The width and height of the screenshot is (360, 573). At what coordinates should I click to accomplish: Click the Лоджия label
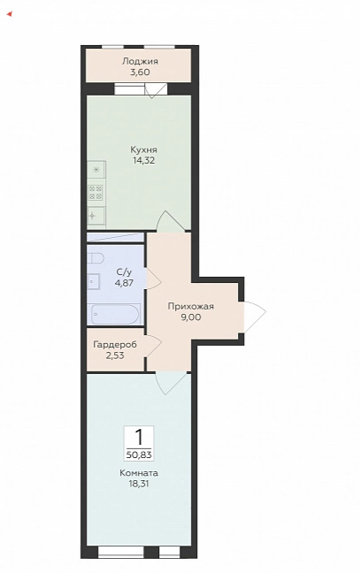coord(140,61)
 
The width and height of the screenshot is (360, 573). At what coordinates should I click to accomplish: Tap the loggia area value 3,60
coord(140,72)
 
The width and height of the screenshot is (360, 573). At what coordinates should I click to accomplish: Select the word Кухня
coord(143,149)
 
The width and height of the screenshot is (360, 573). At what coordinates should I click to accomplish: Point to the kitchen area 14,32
coord(144,160)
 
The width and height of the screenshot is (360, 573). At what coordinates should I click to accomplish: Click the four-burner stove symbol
coord(96,192)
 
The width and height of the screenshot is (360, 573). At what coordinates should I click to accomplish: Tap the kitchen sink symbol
coord(96,216)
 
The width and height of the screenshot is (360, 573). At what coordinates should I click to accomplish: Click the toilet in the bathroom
coord(95,259)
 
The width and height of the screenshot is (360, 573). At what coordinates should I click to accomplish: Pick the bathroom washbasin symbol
coord(94,281)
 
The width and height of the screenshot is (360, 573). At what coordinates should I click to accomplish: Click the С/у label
coord(124,271)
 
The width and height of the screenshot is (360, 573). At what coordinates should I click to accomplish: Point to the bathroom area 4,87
coord(124,282)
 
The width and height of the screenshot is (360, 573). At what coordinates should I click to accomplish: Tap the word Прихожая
coord(190,306)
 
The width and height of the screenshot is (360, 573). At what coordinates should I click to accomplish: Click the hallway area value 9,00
coord(190,317)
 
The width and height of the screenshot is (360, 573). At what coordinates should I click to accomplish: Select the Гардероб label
coord(115,345)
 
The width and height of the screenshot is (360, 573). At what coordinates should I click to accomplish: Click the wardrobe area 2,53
coord(115,355)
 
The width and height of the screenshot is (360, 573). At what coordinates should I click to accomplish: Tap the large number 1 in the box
coord(139,436)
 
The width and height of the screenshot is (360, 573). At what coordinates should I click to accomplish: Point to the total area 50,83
coord(139,455)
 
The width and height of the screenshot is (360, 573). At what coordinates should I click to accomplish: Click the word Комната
coord(139,473)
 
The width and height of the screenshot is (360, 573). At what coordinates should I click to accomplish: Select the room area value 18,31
coord(139,484)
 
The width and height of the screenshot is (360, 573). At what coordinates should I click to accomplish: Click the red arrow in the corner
coord(10,14)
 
